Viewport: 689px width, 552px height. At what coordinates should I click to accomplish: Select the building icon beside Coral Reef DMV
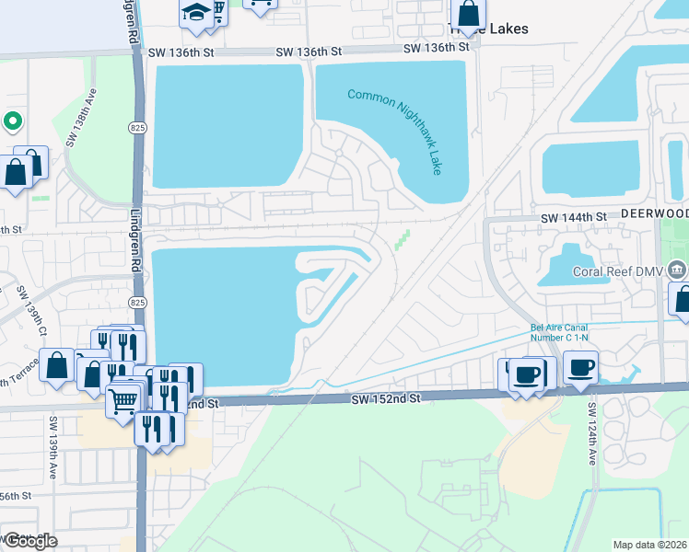tap(677, 270)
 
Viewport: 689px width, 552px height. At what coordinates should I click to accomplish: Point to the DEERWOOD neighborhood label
tap(654, 213)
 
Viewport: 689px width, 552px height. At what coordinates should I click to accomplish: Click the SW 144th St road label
tap(573, 217)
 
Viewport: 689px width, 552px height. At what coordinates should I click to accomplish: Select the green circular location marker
tap(12, 121)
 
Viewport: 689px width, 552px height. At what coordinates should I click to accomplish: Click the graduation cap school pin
tap(195, 12)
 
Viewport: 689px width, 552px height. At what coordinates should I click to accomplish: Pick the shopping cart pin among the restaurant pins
tap(123, 399)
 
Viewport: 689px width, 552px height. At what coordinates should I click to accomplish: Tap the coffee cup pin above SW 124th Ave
tap(579, 368)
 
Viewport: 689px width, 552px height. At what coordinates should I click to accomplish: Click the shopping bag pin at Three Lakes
tap(468, 14)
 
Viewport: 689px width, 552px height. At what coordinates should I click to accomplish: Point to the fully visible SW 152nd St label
tap(385, 399)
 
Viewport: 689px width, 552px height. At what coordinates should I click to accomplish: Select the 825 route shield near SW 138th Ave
tap(138, 127)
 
